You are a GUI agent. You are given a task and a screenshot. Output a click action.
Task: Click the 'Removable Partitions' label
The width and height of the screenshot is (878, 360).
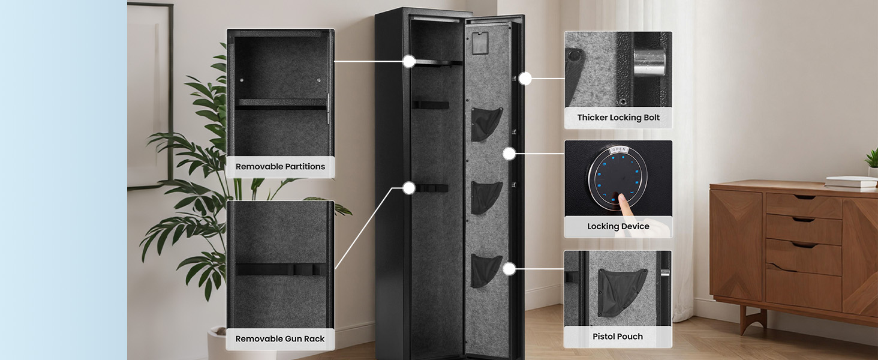280,167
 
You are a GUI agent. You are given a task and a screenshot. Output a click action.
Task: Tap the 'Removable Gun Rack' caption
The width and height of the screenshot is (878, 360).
280,339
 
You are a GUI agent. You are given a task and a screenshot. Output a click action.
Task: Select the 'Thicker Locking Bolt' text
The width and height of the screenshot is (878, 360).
618,118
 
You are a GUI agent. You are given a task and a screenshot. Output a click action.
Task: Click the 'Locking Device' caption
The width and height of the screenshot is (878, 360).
618,227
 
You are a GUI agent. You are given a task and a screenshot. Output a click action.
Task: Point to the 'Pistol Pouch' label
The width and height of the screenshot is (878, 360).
618,337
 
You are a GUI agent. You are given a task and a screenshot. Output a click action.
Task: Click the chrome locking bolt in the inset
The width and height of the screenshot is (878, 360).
650,62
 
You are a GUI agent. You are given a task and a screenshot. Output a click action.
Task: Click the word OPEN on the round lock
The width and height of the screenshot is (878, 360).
619,149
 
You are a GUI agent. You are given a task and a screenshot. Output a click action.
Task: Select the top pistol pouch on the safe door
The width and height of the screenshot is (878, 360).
486,124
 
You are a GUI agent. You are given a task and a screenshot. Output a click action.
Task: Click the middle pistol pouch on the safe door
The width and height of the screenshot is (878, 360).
486,197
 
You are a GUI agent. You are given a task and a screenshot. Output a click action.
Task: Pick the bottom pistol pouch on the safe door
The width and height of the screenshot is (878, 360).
486,270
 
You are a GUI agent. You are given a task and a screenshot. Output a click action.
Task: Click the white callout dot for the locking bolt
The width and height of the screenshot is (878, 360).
525,78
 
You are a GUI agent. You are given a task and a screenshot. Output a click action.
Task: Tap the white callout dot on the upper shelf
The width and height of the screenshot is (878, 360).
409,61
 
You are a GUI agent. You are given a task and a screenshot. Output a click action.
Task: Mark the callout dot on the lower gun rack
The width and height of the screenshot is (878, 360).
409,188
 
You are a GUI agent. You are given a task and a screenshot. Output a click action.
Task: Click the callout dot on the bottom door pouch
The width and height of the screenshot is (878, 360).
509,269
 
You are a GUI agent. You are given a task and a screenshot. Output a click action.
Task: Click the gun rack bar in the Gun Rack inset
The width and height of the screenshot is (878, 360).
281,269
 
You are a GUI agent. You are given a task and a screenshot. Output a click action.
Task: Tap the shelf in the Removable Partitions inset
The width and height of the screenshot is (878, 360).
281,104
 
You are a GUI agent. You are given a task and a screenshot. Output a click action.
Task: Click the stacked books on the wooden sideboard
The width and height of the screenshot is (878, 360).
851,182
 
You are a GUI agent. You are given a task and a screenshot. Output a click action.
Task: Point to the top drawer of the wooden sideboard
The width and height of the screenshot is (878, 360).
804,206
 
